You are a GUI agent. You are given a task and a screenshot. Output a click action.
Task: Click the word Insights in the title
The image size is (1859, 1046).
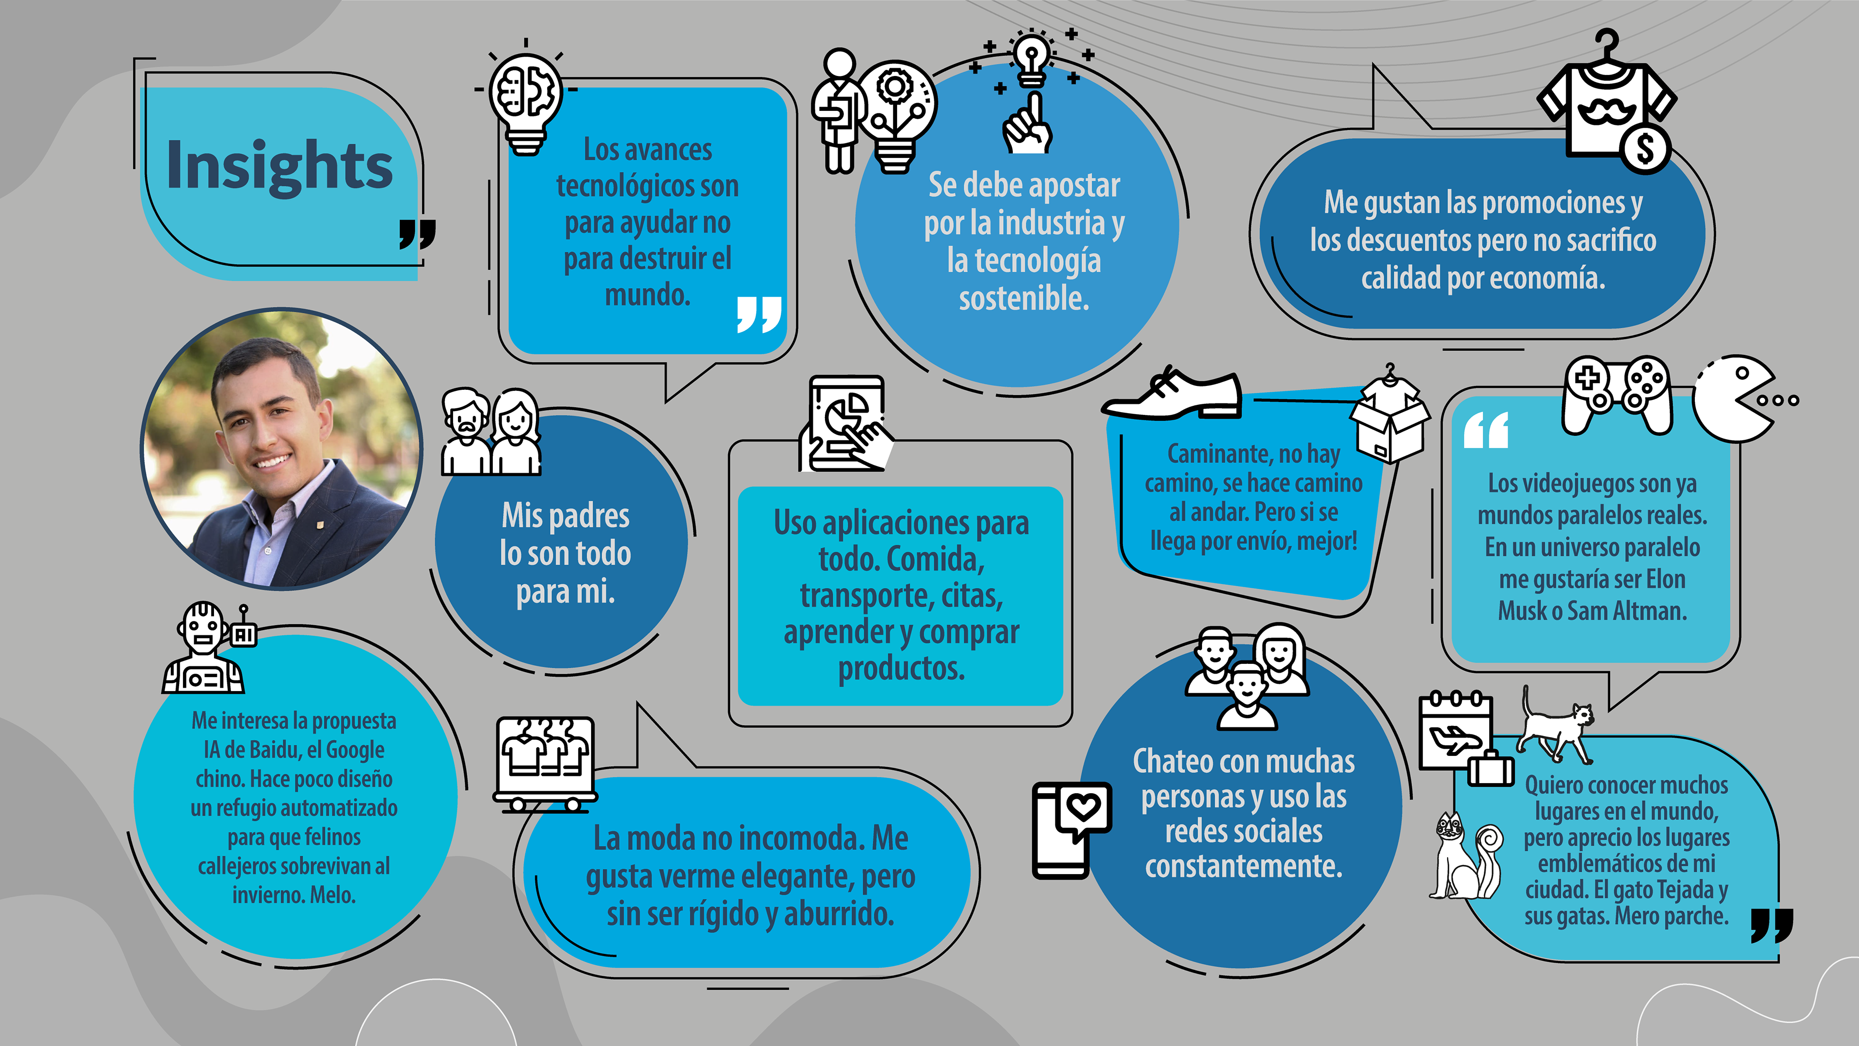coord(279,166)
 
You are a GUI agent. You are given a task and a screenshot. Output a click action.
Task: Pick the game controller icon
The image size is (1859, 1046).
coord(1616,393)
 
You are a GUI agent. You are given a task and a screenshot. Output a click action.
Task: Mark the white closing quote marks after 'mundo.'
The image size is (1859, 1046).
coord(759,313)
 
